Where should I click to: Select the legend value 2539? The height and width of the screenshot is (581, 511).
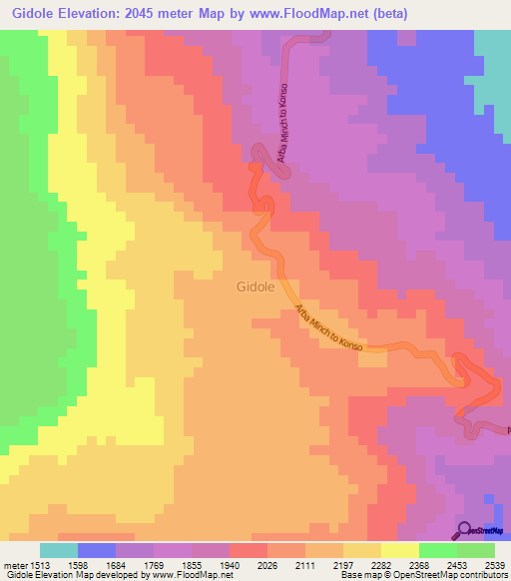pos(496,564)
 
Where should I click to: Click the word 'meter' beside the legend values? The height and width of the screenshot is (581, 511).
pos(19,564)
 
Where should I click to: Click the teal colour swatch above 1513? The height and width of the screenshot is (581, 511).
pos(58,550)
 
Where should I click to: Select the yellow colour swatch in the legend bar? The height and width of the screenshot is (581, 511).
pos(400,550)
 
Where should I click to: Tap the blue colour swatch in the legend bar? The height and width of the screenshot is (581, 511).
pos(97,550)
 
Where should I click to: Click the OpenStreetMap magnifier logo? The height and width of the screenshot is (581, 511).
pos(463,530)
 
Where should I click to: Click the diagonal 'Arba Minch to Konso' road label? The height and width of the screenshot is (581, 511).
pos(324,327)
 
